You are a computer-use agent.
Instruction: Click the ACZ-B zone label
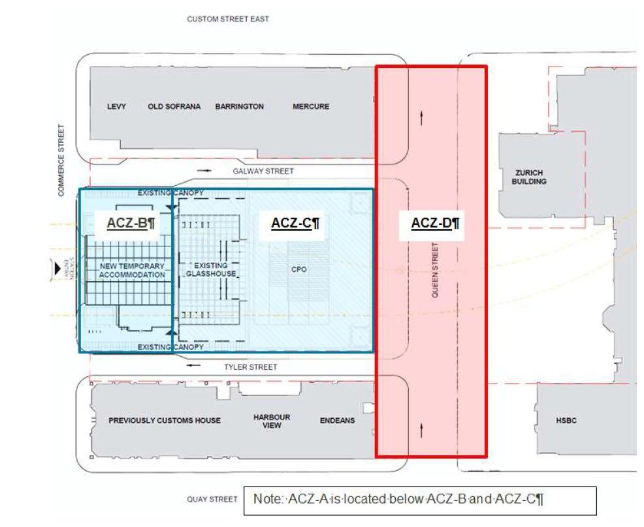(x=131, y=223)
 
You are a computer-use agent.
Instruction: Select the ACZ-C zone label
(x=295, y=223)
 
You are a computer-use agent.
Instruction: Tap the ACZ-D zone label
(x=435, y=223)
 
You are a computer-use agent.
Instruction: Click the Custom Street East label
(x=227, y=19)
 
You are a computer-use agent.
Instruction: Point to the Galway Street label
(x=263, y=171)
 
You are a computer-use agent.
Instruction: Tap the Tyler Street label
(x=250, y=367)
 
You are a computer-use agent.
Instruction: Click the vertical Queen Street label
(x=435, y=270)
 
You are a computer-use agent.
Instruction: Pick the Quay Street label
(x=212, y=500)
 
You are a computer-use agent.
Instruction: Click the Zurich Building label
(x=528, y=177)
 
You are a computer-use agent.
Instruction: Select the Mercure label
(x=311, y=106)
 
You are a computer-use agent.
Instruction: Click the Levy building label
(x=116, y=106)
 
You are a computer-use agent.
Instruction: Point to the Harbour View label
(x=272, y=421)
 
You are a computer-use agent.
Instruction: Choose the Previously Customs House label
(x=165, y=421)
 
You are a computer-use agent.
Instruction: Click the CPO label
(x=299, y=269)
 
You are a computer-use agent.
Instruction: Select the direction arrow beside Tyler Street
(x=194, y=367)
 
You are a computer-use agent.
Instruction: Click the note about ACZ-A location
(x=420, y=500)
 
